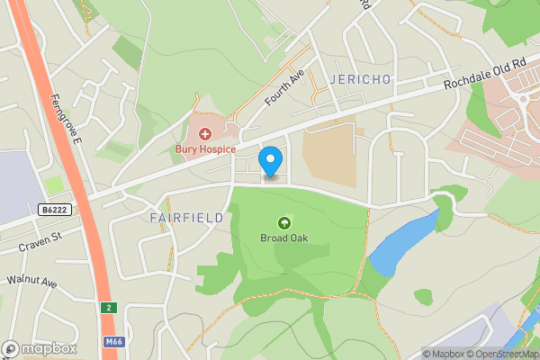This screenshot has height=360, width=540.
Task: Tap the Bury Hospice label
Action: click(x=205, y=148)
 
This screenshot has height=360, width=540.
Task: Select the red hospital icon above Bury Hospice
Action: click(x=205, y=133)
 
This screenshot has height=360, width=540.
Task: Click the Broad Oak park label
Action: click(x=284, y=238)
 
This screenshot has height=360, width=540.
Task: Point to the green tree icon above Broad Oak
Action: click(x=284, y=222)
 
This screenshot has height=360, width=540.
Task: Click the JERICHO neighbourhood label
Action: click(x=361, y=79)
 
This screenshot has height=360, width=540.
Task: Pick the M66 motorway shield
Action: click(x=112, y=341)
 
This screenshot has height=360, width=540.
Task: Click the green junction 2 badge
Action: click(x=108, y=307)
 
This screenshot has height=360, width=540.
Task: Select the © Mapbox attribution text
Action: click(x=448, y=354)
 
